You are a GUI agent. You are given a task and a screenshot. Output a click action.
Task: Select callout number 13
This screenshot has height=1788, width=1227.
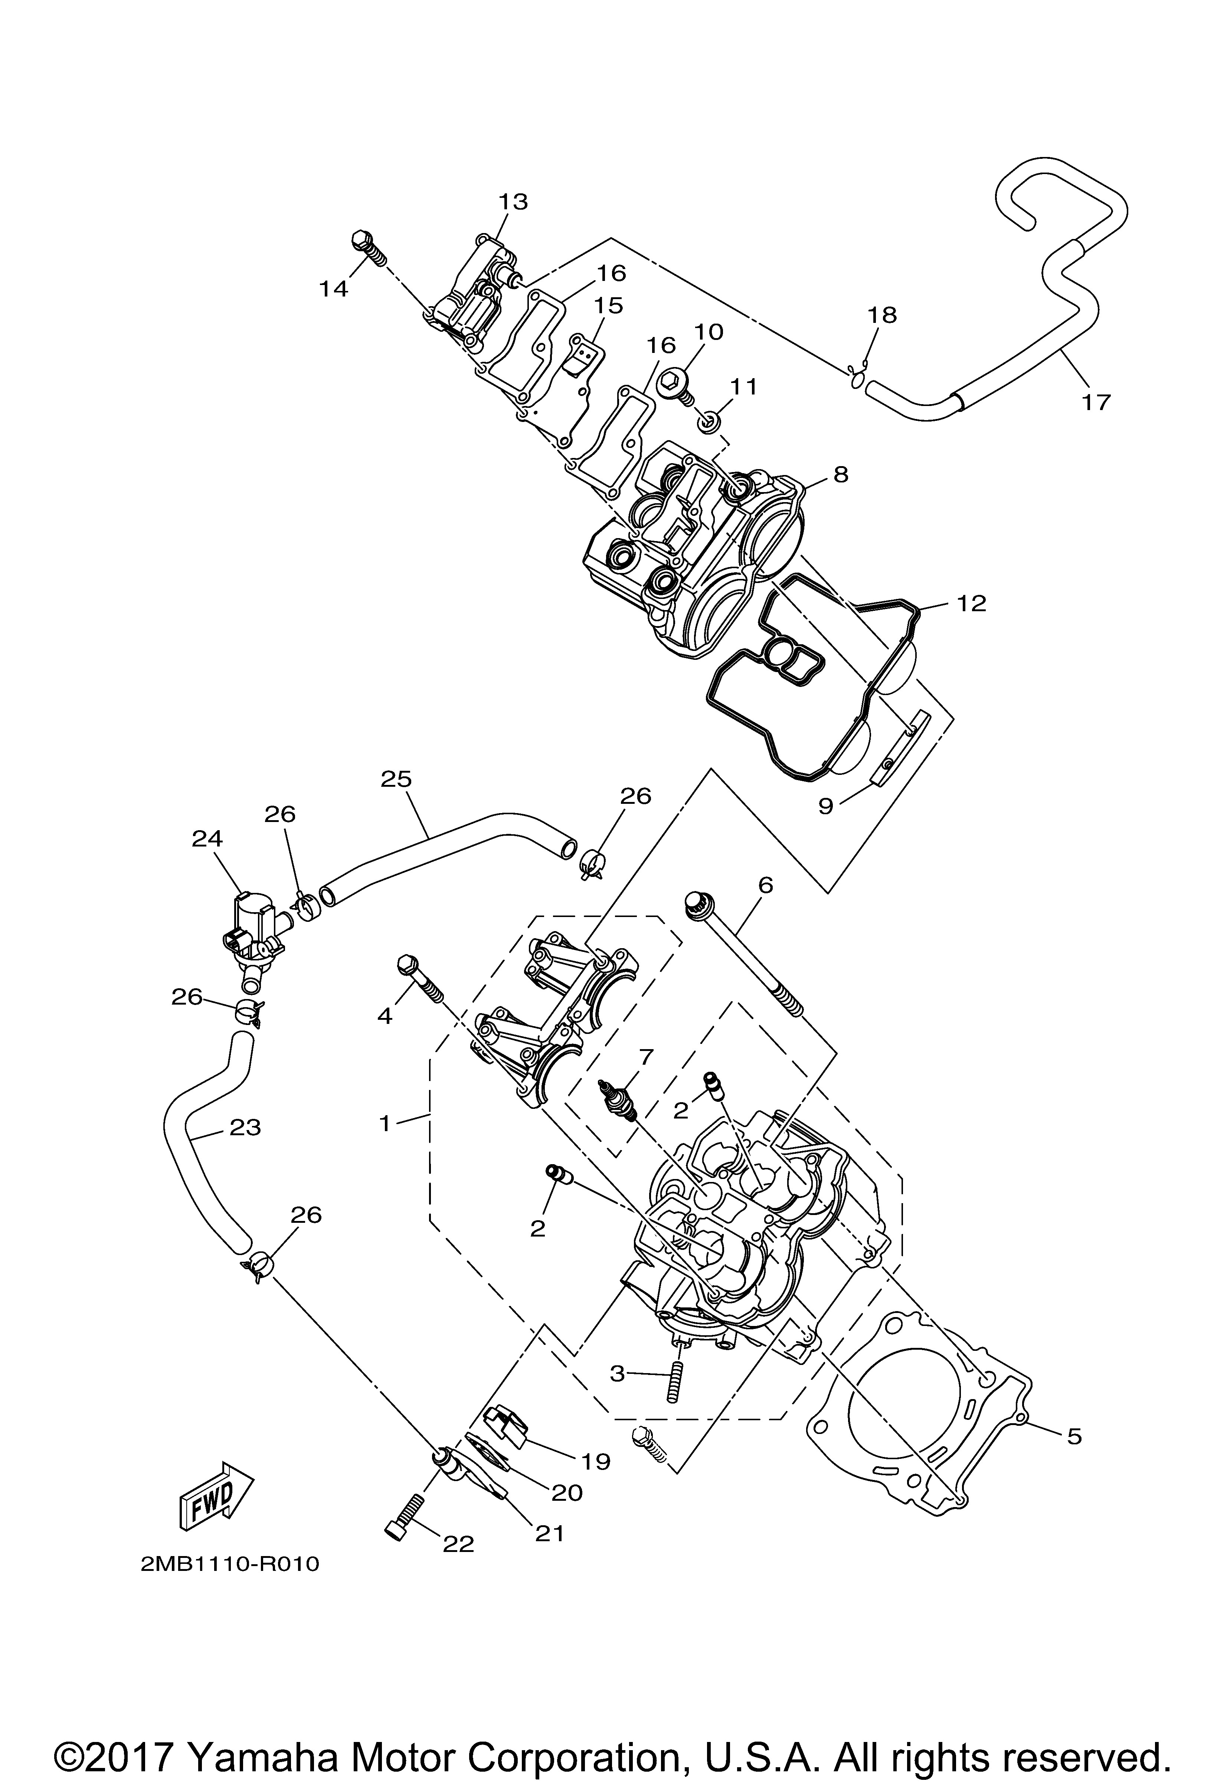tap(513, 202)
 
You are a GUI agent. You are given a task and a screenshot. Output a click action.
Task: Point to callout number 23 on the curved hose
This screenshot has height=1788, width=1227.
tap(245, 1128)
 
